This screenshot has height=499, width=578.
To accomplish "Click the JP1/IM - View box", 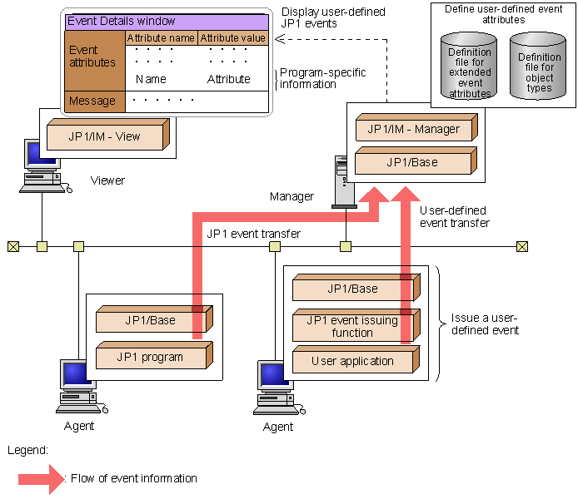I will (x=106, y=135).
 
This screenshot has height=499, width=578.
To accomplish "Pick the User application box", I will (x=353, y=361).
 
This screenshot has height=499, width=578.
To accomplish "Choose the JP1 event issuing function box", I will (x=353, y=327).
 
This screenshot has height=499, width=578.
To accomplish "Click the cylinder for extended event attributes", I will (x=470, y=67).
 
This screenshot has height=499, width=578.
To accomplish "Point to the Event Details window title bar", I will (x=167, y=22).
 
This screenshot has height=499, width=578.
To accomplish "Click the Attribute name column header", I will (x=161, y=38).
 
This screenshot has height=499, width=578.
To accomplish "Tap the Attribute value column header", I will (x=233, y=38).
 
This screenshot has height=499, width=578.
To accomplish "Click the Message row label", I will (x=93, y=101).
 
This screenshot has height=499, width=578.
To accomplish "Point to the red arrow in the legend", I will (x=41, y=478).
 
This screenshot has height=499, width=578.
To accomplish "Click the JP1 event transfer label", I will (x=253, y=234).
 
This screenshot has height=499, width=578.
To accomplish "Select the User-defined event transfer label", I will (x=453, y=217).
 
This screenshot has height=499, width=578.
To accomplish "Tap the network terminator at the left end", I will (x=12, y=246).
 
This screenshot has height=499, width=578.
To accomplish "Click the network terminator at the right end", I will (x=521, y=246).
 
